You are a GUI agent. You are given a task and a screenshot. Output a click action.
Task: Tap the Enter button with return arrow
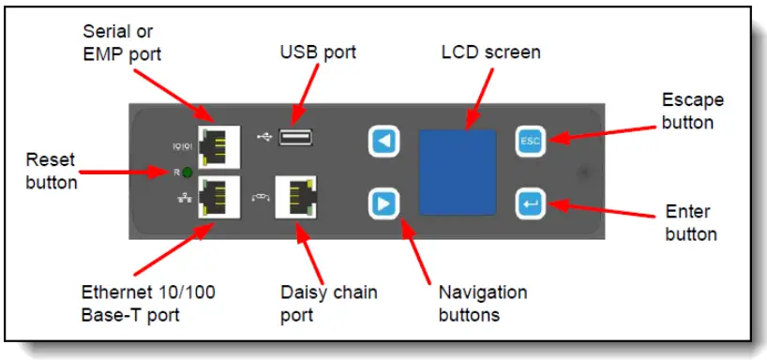tap(530, 202)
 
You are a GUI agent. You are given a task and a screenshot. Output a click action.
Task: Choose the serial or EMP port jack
tap(218, 143)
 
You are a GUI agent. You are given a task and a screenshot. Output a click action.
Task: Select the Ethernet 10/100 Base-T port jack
tap(218, 198)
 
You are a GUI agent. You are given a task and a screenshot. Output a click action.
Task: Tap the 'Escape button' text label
tap(692, 111)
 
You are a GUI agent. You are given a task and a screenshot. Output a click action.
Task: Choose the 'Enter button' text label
tap(691, 223)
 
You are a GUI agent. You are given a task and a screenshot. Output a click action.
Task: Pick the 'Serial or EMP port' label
tap(119, 44)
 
